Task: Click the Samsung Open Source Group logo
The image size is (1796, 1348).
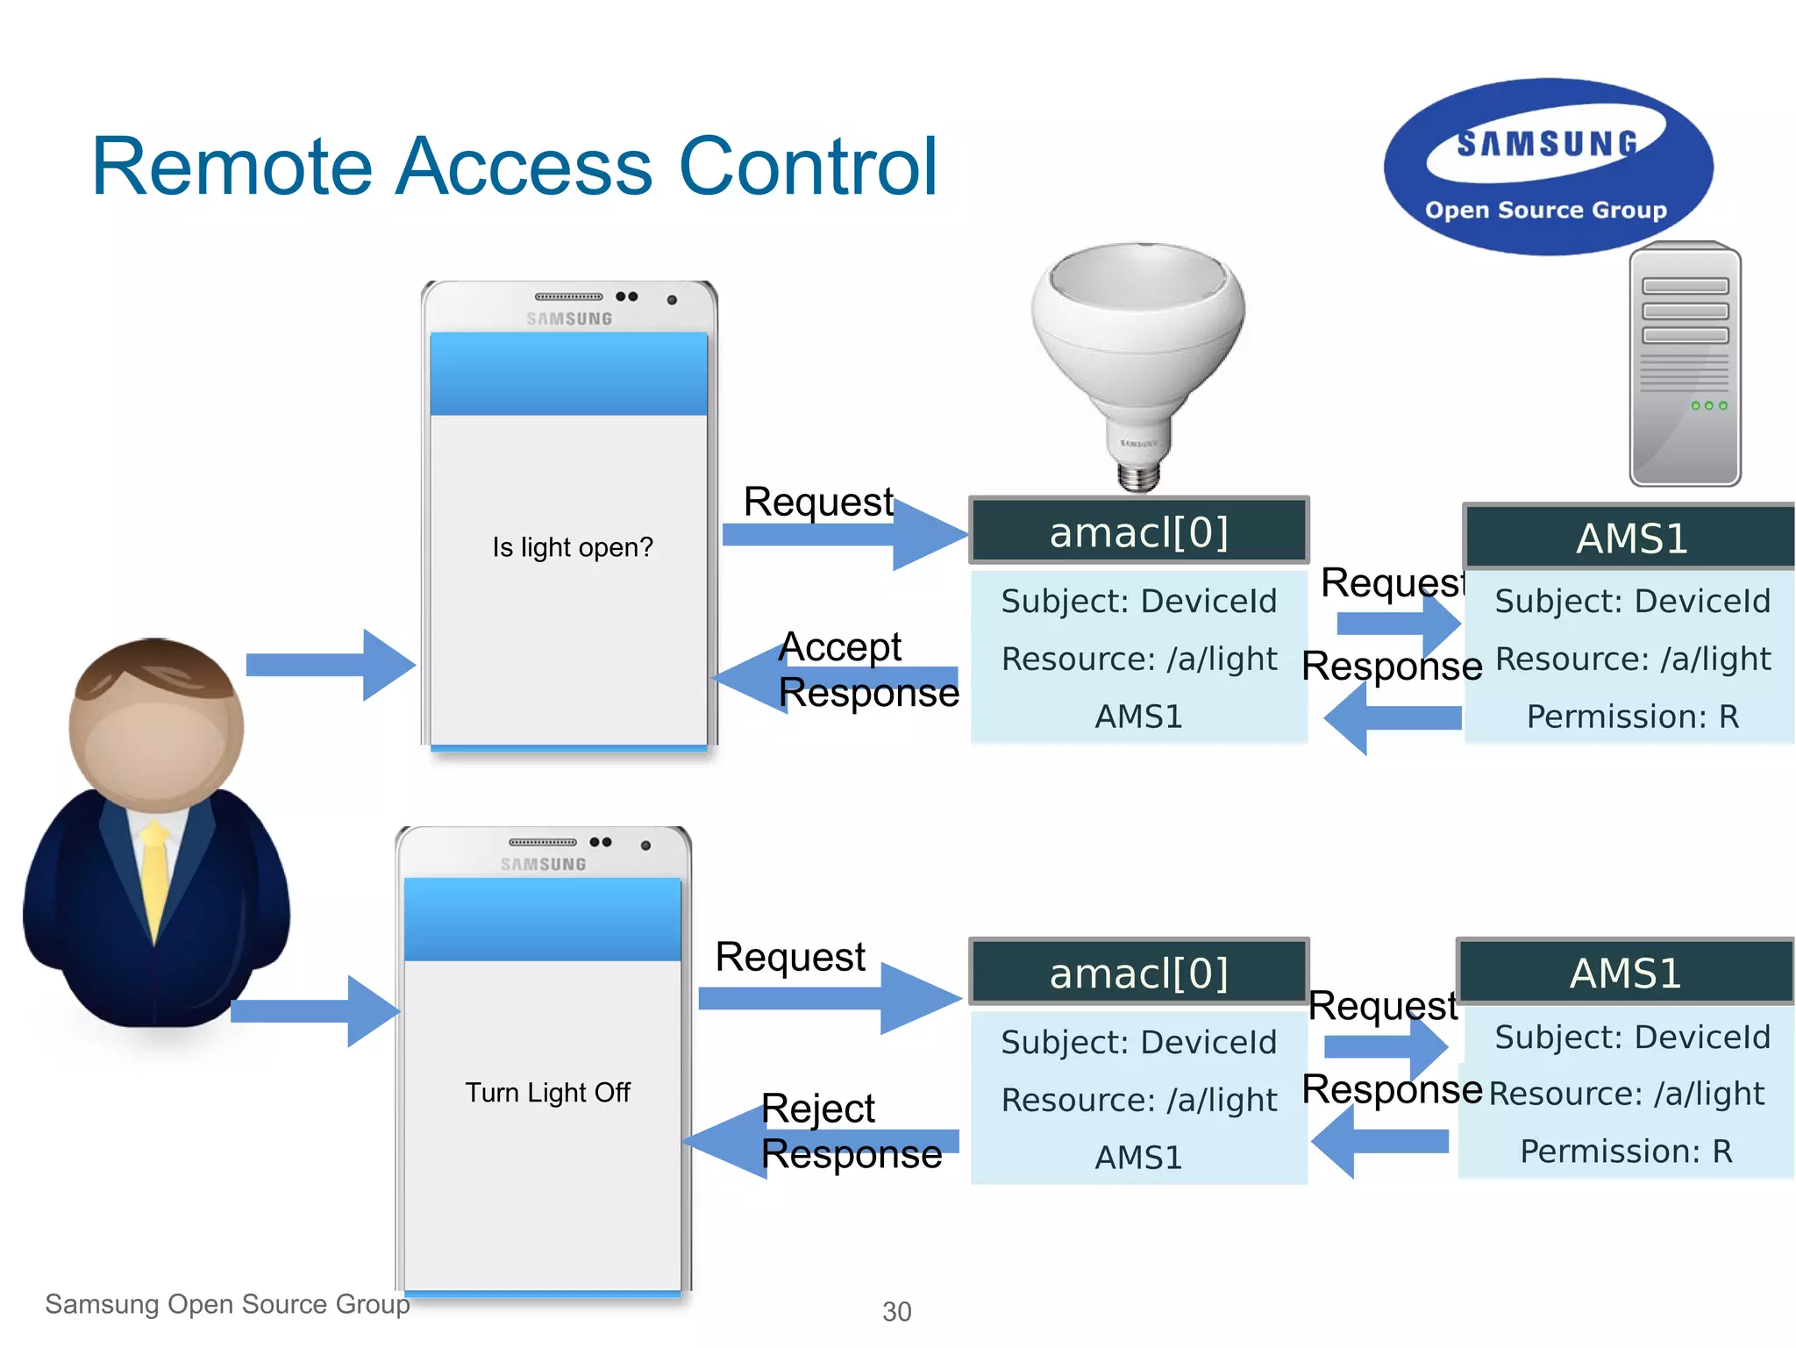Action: [1548, 167]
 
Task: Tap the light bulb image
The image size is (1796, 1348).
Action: [1138, 351]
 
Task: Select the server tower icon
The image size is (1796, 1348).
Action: [1685, 364]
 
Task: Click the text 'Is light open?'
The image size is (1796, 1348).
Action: [572, 547]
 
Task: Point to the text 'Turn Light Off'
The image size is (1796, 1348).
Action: [547, 1093]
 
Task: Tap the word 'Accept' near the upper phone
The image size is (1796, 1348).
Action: [839, 647]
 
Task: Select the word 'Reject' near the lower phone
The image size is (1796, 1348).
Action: [817, 1109]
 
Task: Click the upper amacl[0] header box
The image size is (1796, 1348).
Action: [1138, 531]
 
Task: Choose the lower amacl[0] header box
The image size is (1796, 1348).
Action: [1138, 973]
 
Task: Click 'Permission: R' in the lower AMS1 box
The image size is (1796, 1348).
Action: [1626, 1152]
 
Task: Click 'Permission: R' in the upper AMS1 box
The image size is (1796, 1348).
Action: [1632, 717]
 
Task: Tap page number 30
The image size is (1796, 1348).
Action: [896, 1312]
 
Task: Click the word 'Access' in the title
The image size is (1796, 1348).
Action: [524, 167]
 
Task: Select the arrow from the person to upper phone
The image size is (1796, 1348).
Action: [329, 665]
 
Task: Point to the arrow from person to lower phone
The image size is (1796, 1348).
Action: [314, 1011]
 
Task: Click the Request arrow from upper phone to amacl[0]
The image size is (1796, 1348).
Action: [842, 533]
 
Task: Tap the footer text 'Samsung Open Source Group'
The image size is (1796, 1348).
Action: [227, 1304]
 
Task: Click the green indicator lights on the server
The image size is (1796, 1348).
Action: [1708, 405]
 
